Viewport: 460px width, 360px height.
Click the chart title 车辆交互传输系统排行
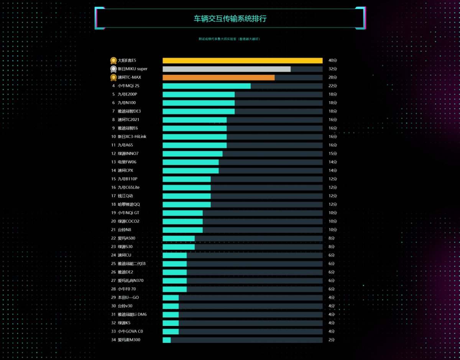(x=230, y=19)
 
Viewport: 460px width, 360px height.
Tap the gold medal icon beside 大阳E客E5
(x=113, y=61)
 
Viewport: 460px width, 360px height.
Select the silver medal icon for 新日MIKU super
(x=113, y=69)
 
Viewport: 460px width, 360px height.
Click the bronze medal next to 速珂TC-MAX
(x=113, y=77)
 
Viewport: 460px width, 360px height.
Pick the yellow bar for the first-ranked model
(x=242, y=61)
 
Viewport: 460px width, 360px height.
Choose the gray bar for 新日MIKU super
(x=226, y=69)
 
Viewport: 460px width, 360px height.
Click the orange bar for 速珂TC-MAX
(x=219, y=77)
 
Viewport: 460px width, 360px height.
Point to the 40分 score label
(x=333, y=61)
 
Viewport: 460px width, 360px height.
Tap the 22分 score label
(x=333, y=86)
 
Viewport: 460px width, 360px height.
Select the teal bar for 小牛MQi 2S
(x=206, y=86)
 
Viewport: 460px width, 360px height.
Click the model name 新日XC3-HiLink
(x=132, y=137)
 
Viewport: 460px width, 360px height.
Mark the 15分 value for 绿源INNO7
(x=333, y=154)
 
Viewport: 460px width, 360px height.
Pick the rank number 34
(x=113, y=340)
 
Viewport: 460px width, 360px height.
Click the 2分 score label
(x=332, y=340)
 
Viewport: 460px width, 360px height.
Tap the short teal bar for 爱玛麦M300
(x=167, y=340)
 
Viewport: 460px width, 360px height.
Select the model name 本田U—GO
(x=128, y=298)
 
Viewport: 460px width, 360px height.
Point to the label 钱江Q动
(x=125, y=196)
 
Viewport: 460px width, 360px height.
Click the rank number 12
(x=113, y=154)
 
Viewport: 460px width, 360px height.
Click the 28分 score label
(x=333, y=77)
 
